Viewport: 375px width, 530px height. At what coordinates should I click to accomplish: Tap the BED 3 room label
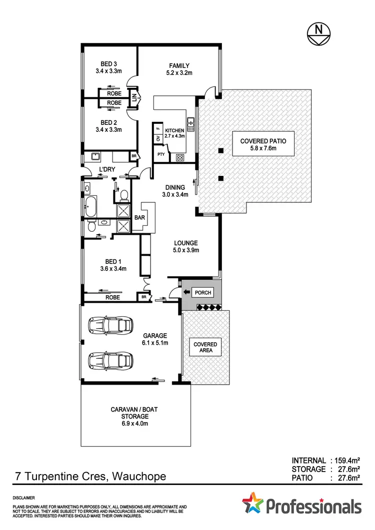(x=109, y=64)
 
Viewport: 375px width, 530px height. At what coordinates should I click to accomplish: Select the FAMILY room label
(x=178, y=65)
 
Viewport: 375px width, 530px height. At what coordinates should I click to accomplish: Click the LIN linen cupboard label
(x=134, y=98)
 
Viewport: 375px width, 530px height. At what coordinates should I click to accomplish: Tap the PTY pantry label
(x=161, y=155)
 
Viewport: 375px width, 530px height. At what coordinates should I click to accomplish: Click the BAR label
(x=139, y=218)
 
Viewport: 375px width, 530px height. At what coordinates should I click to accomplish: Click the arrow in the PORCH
(x=186, y=292)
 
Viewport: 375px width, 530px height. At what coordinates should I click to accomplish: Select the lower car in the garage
(x=111, y=360)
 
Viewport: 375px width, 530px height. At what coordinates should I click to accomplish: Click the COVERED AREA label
(x=205, y=348)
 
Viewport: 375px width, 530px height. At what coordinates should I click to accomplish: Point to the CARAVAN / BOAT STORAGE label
(x=135, y=412)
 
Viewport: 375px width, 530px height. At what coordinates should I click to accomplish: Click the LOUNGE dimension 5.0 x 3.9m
(x=186, y=250)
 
